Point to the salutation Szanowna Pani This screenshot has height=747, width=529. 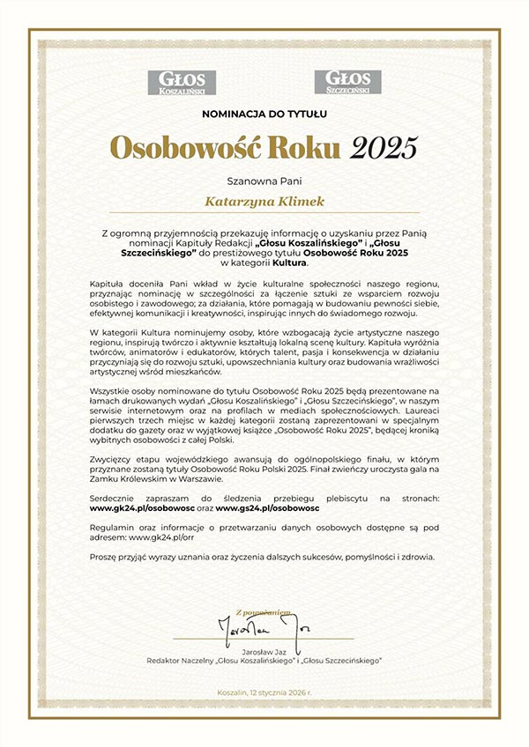tap(264, 181)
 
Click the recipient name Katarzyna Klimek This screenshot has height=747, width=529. tap(264, 202)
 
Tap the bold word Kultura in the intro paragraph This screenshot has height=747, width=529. tap(289, 263)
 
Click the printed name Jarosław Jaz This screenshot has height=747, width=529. tap(264, 650)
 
